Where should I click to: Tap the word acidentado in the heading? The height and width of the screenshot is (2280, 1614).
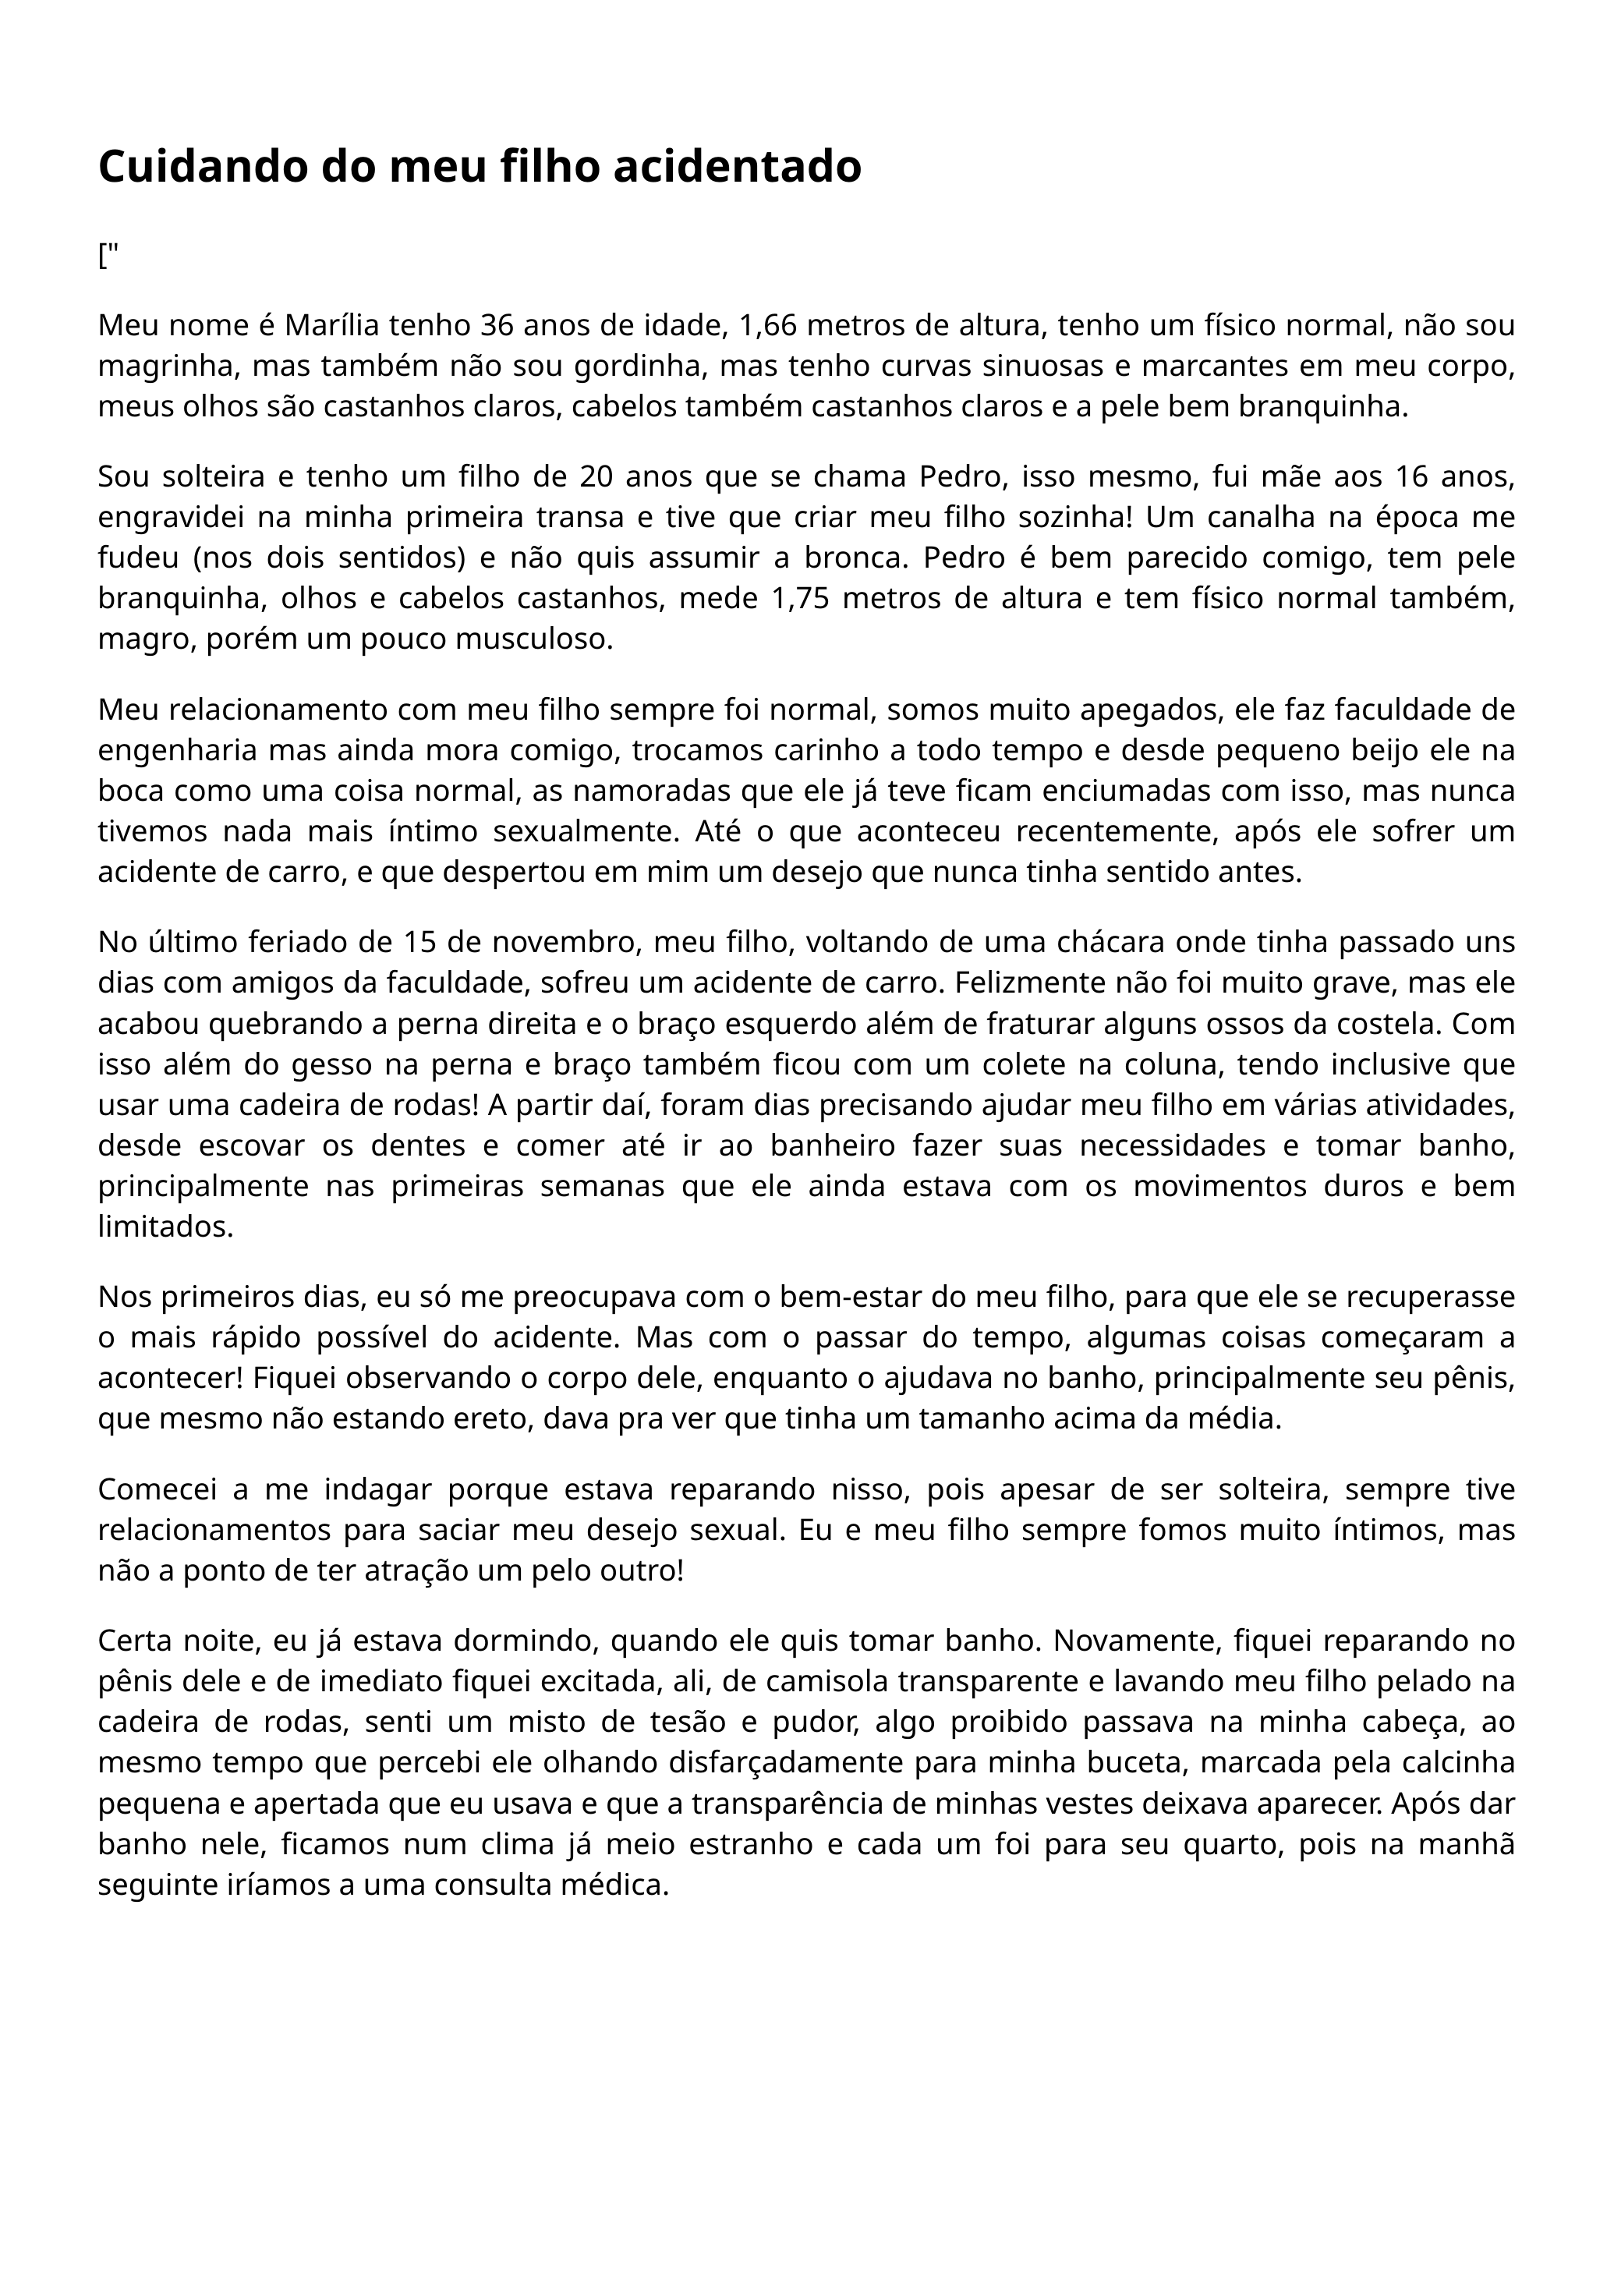(737, 167)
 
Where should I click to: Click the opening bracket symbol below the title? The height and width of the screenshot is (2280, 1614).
(102, 257)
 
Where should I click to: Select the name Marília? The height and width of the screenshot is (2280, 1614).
(333, 325)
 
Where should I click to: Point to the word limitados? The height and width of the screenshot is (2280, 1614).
(165, 1227)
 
